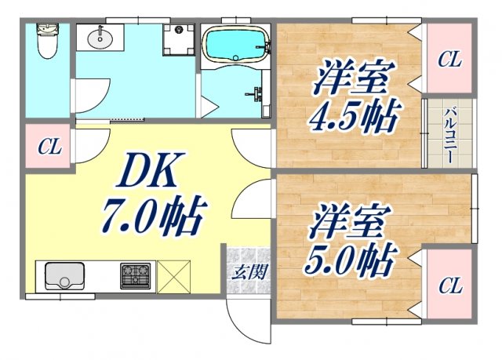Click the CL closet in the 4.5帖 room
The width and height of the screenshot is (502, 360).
click(449, 59)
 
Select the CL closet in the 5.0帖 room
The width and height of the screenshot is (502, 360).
click(449, 285)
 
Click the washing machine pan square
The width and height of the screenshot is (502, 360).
click(179, 38)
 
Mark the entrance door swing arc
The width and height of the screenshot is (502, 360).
click(243, 318)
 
